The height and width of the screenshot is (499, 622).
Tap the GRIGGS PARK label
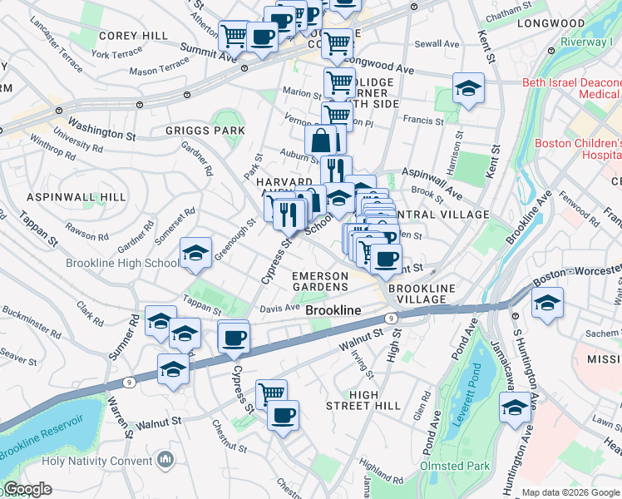pos(205,131)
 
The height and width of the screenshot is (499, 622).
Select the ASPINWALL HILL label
pos(76,197)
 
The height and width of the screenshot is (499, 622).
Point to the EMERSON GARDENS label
pos(320,281)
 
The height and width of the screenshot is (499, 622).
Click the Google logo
pos(27,489)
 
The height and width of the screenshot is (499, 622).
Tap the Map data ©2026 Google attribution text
pos(570,492)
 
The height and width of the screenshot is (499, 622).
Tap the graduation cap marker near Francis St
pos(468,89)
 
